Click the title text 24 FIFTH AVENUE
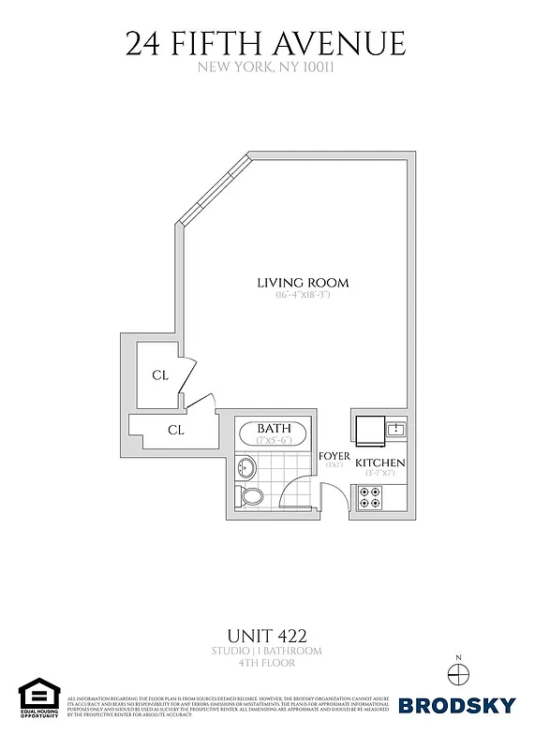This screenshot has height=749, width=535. coord(266,44)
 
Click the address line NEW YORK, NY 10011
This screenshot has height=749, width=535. coord(266,67)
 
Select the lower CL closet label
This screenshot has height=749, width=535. coord(175,431)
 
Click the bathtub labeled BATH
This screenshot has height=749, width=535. coord(274,434)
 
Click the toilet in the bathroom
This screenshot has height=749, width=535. coord(252,495)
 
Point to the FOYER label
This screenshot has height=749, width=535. coord(334,456)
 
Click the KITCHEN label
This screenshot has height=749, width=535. coord(379,463)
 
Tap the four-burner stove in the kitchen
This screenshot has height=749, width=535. coord(369,498)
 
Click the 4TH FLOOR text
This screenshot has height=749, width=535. coord(267,664)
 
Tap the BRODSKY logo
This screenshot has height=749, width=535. coord(457,705)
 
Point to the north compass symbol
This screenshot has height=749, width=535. coord(457,672)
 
